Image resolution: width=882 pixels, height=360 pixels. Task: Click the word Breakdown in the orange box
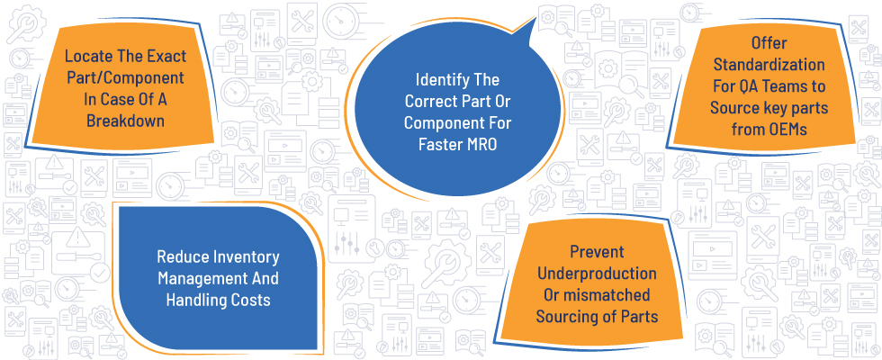pyautogui.click(x=125, y=121)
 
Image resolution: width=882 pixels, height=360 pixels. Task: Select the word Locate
pyautogui.click(x=86, y=56)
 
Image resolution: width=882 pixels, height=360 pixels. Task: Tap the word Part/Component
pyautogui.click(x=125, y=77)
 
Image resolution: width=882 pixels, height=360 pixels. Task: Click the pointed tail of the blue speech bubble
pyautogui.click(x=535, y=19)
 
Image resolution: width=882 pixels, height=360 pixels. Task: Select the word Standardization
pyautogui.click(x=769, y=65)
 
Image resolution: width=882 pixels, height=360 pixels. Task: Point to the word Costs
pyautogui.click(x=251, y=301)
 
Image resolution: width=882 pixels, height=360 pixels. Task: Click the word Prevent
pyautogui.click(x=597, y=252)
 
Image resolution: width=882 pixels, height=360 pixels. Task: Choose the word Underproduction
pyautogui.click(x=597, y=274)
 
